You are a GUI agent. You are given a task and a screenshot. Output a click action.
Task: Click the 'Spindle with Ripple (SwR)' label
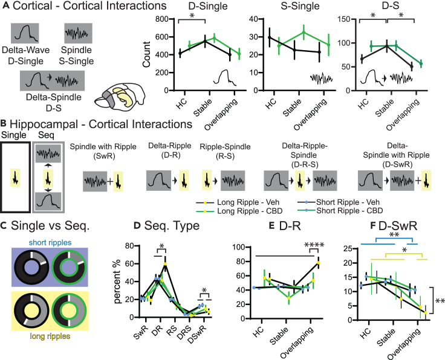click(x=105, y=150)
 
